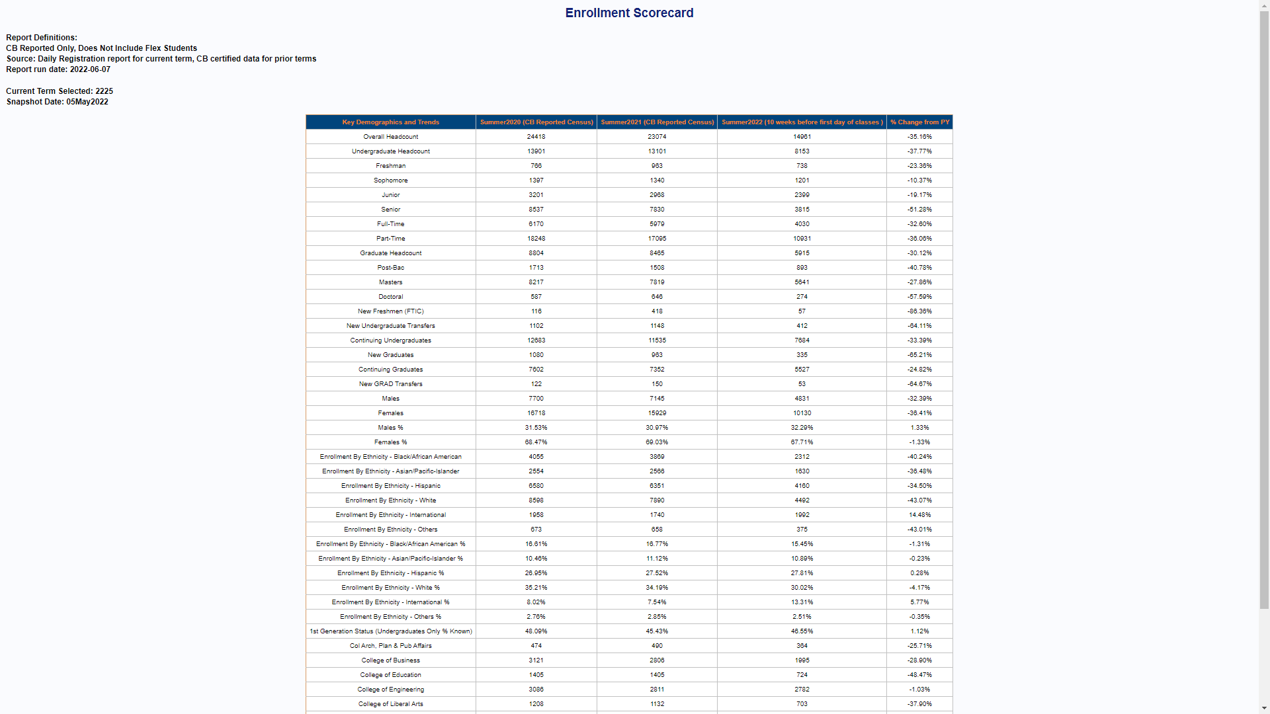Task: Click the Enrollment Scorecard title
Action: tap(629, 13)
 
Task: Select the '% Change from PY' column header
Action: tap(919, 122)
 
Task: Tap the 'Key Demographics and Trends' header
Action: tap(390, 122)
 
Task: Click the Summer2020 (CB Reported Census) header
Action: tap(536, 122)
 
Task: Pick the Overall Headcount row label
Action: tap(390, 137)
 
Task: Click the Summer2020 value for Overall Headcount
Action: tap(536, 137)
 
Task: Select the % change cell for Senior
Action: tap(919, 210)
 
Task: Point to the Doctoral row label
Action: tap(390, 297)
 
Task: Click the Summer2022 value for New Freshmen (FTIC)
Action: tap(802, 311)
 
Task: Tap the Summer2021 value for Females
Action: tap(657, 413)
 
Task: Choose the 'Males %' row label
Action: tap(390, 428)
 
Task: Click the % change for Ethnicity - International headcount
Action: tap(919, 515)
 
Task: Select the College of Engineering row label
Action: tap(390, 690)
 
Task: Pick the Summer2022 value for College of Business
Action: tap(802, 660)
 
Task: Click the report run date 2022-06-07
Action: tap(90, 69)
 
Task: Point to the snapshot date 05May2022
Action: tap(87, 102)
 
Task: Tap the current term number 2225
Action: tap(104, 91)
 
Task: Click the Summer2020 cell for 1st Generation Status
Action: tap(536, 631)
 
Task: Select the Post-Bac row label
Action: tap(390, 268)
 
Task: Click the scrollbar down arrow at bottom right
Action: tap(1264, 708)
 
